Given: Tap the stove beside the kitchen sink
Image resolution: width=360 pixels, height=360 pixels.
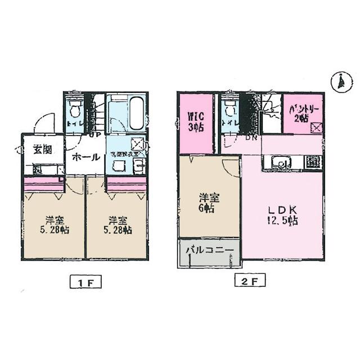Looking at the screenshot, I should (312, 162).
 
